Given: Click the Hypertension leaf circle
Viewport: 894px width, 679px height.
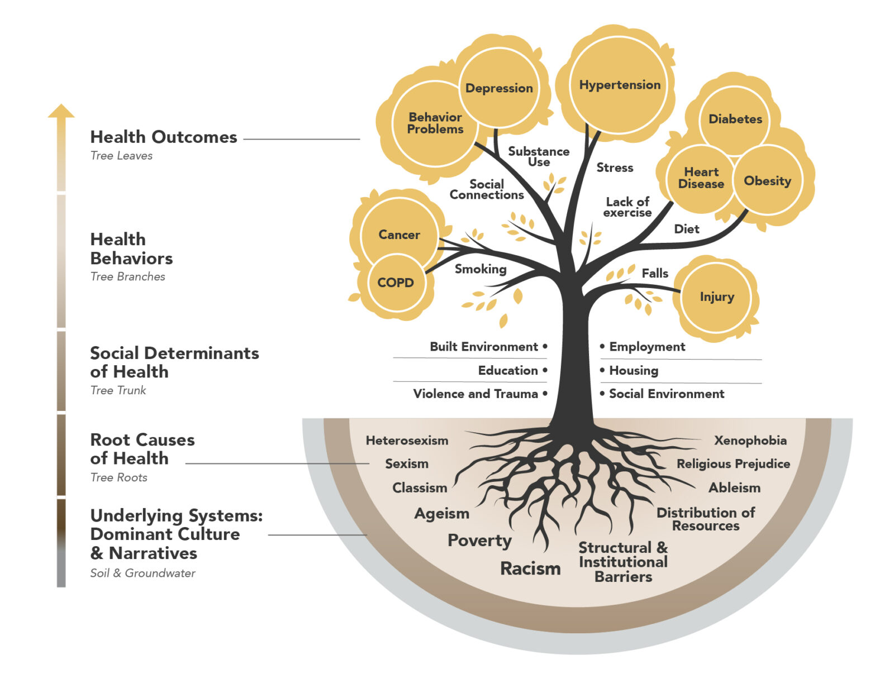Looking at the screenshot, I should click(x=619, y=85).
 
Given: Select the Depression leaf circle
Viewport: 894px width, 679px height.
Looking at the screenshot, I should click(x=499, y=88).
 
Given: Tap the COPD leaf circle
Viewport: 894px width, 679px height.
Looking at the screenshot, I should click(x=396, y=283).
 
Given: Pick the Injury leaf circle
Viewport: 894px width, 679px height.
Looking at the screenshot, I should click(x=716, y=297).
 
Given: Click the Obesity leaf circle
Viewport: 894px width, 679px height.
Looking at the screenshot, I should click(x=767, y=181).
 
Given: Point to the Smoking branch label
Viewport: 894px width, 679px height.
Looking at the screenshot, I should click(x=481, y=269).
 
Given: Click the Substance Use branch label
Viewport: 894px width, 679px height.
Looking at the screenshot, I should click(x=539, y=156).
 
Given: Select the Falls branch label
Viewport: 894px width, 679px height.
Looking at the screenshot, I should click(x=655, y=274).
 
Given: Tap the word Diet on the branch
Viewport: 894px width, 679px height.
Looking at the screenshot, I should click(x=686, y=229).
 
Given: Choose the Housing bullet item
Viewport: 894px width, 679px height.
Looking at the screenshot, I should click(x=633, y=370).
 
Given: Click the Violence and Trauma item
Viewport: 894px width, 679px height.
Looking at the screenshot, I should click(x=475, y=394).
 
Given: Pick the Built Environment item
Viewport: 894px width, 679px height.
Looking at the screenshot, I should click(x=484, y=347).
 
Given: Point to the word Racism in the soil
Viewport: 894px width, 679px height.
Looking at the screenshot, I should click(x=530, y=568).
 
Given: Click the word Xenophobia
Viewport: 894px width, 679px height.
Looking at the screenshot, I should click(x=750, y=441).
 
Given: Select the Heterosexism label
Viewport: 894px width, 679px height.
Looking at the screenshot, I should click(x=407, y=441).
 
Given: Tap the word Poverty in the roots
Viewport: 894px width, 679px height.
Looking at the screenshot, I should click(x=479, y=541).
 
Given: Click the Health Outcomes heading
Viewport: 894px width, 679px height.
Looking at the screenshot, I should click(x=164, y=137).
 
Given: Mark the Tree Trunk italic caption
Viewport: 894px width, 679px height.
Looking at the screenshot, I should click(x=118, y=390).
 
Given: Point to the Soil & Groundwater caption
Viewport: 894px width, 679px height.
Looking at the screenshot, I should click(x=142, y=573).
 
